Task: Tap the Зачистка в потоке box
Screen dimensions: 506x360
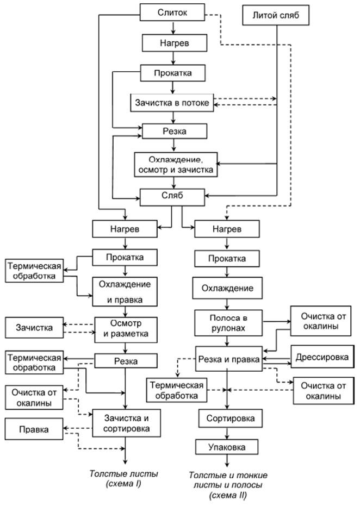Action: click(173, 102)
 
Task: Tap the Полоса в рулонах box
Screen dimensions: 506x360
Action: click(229, 322)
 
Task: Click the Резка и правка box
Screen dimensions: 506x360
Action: click(229, 359)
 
